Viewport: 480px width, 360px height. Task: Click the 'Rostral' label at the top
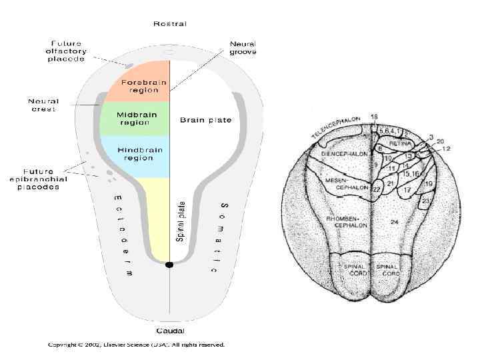(x=170, y=24)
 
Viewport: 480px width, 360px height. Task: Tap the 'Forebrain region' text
(x=139, y=85)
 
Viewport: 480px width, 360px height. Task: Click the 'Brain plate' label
(x=206, y=120)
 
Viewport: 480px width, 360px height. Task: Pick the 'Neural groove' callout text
(x=243, y=47)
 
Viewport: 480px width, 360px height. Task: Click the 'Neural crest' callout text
(x=43, y=105)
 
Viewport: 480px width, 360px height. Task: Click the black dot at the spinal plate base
(x=169, y=265)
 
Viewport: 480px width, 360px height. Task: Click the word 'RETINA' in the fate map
(x=400, y=143)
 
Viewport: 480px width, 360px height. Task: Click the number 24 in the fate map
(x=394, y=220)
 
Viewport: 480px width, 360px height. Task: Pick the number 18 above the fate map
(x=374, y=117)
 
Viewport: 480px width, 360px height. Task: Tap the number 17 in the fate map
(x=407, y=191)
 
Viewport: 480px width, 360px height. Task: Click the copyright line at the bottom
(x=136, y=345)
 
